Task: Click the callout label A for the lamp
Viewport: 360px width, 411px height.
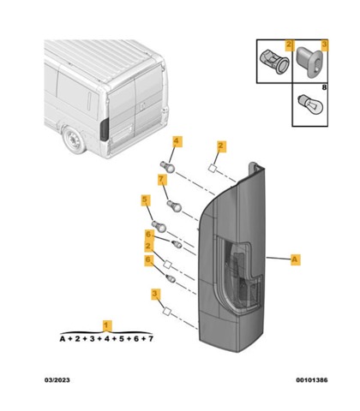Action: (x=296, y=259)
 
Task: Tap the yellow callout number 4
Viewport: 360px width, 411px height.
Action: (x=177, y=141)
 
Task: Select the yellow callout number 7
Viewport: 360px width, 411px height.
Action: (x=162, y=180)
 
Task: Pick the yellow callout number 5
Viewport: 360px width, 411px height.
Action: (x=146, y=200)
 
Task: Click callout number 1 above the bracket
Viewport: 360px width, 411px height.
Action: (x=107, y=325)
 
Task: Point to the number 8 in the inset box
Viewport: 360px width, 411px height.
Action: (x=324, y=87)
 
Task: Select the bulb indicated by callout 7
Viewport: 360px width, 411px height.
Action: (x=174, y=205)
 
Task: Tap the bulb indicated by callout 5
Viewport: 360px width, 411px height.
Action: (x=159, y=226)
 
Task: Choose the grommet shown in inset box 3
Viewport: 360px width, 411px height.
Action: (x=309, y=62)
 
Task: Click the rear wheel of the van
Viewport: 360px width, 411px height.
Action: (x=75, y=140)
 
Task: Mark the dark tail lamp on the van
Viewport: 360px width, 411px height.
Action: (x=105, y=129)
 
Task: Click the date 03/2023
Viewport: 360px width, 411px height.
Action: (x=57, y=380)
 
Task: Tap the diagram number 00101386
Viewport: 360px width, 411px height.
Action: (x=312, y=380)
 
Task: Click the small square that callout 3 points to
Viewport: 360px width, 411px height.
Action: (x=167, y=312)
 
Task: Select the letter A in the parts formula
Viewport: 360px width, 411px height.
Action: (x=63, y=339)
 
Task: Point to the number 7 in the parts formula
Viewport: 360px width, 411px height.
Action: (x=151, y=339)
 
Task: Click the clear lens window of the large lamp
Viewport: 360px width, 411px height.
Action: (x=239, y=274)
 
